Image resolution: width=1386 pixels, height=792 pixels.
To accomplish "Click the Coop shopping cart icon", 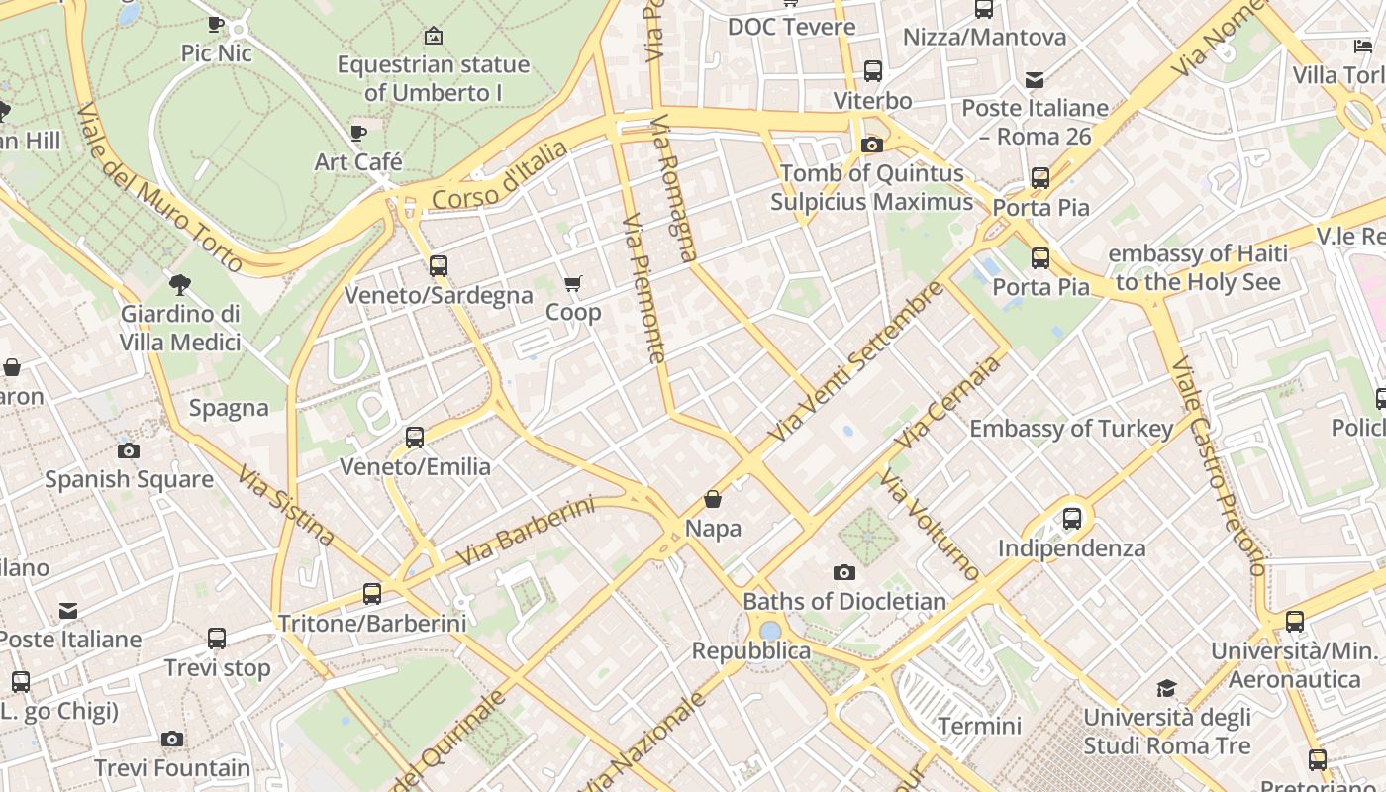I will tap(572, 285).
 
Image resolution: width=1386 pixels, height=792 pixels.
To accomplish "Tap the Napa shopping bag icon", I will tap(713, 500).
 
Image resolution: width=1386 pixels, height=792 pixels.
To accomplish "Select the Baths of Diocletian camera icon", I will tap(843, 572).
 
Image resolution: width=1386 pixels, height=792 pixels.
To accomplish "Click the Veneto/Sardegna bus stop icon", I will tap(439, 266).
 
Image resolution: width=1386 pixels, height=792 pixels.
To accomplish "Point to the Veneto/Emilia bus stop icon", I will tap(415, 437).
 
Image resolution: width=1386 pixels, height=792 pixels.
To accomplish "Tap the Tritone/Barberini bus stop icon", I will tap(372, 594).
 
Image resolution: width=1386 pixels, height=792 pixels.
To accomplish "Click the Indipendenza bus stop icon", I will tap(1072, 519).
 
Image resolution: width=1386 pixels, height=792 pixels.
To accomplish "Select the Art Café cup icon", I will tap(358, 133).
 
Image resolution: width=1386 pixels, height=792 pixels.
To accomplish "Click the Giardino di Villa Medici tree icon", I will tap(180, 285).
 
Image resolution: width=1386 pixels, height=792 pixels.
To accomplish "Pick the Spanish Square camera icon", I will tap(129, 451).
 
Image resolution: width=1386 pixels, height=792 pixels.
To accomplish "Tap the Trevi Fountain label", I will tap(172, 767).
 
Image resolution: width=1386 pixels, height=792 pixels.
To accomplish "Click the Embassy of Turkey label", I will tap(1071, 429).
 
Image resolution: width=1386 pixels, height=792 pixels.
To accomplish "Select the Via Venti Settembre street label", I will tap(856, 362).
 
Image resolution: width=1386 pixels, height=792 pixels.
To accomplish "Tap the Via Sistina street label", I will tap(286, 505).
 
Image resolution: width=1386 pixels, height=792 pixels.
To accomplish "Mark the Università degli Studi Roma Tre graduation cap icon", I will tap(1167, 688).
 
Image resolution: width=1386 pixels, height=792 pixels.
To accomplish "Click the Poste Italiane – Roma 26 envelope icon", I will tap(1035, 80).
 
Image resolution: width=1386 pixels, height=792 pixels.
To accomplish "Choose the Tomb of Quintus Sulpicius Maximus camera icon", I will tap(871, 146).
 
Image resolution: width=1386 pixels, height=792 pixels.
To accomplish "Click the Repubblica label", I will tap(750, 650).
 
